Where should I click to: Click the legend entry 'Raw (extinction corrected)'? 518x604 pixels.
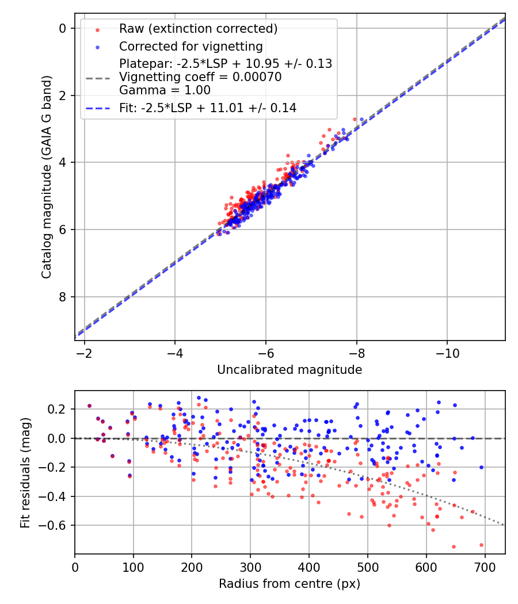(x=198, y=29)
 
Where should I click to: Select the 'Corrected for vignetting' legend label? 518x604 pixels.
(x=191, y=47)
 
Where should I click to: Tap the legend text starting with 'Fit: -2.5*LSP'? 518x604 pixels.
(x=208, y=108)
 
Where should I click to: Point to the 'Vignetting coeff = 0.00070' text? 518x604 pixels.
(x=200, y=77)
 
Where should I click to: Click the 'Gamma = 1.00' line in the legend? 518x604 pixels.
(x=165, y=90)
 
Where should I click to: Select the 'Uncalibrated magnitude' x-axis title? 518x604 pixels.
(x=290, y=370)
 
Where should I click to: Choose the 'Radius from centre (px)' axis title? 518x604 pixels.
(x=290, y=584)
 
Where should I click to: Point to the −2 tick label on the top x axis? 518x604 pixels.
(x=84, y=353)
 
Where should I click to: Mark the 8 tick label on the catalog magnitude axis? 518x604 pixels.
(x=63, y=297)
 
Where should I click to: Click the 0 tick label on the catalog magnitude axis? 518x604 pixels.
(x=63, y=28)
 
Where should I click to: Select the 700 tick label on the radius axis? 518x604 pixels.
(x=485, y=567)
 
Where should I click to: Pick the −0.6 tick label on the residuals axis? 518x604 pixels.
(x=54, y=525)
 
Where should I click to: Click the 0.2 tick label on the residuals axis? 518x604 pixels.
(x=58, y=409)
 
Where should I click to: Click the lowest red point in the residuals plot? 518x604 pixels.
(x=454, y=546)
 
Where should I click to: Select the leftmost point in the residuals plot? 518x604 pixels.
(x=89, y=406)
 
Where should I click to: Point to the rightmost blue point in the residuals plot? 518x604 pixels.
(x=481, y=467)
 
